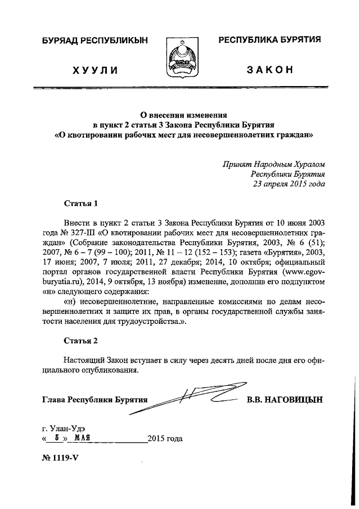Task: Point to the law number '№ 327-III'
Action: pyautogui.click(x=79, y=232)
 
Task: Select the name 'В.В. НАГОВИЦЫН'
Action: pyautogui.click(x=285, y=399)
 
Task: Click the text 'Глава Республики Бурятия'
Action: pyautogui.click(x=94, y=400)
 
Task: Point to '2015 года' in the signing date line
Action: pyautogui.click(x=165, y=438)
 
